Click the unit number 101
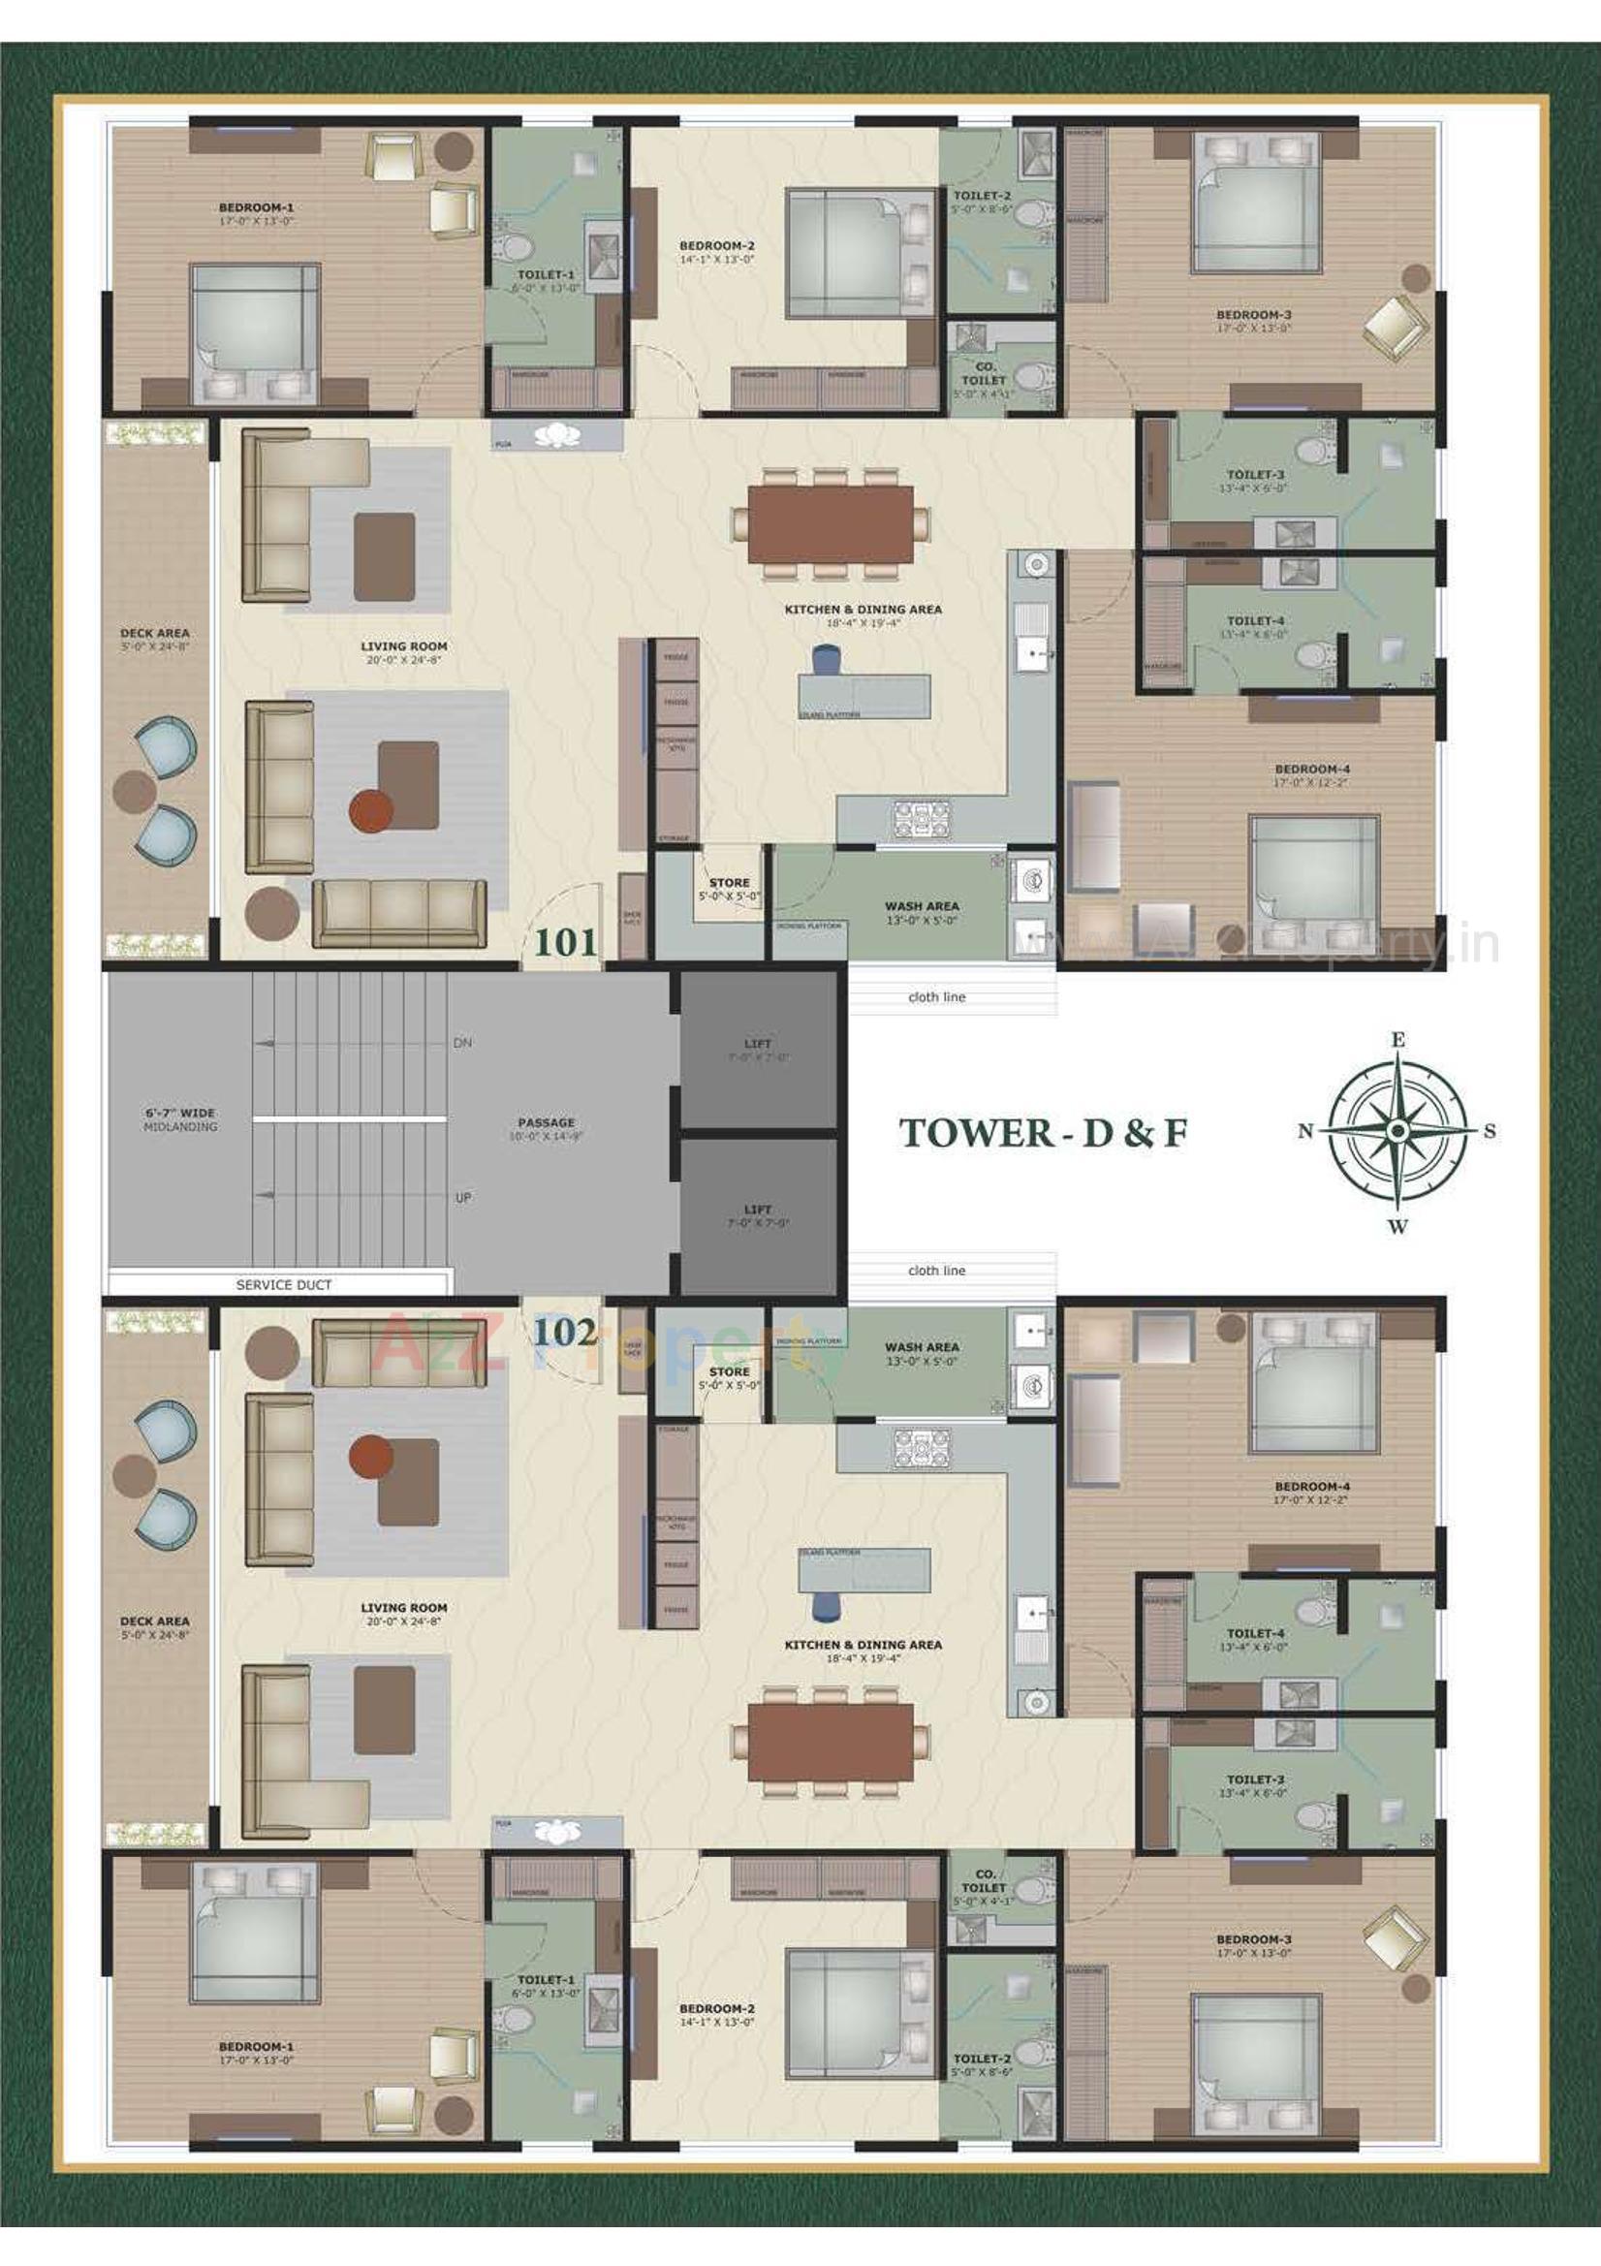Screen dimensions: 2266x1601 (x=566, y=941)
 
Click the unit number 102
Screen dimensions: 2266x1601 (x=566, y=1333)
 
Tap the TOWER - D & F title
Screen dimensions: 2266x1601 (x=1043, y=1133)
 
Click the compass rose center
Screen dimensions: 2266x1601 (x=1397, y=1130)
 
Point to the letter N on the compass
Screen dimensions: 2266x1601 (x=1304, y=1132)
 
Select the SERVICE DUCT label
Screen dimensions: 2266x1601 (x=283, y=1285)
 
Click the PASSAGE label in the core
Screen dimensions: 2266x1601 (x=546, y=1122)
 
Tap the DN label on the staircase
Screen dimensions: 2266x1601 (x=462, y=1042)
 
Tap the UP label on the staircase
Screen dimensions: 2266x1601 (x=462, y=1197)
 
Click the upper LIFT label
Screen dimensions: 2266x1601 (x=757, y=1043)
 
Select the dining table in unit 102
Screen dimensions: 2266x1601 (x=831, y=1744)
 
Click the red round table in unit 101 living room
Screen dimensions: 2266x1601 (x=371, y=809)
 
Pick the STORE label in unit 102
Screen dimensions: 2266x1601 (x=729, y=1371)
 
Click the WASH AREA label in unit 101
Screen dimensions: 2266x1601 (x=921, y=905)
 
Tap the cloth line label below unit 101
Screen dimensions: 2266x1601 (x=936, y=996)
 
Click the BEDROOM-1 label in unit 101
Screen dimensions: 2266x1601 (x=256, y=208)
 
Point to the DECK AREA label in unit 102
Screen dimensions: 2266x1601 (x=154, y=1621)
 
